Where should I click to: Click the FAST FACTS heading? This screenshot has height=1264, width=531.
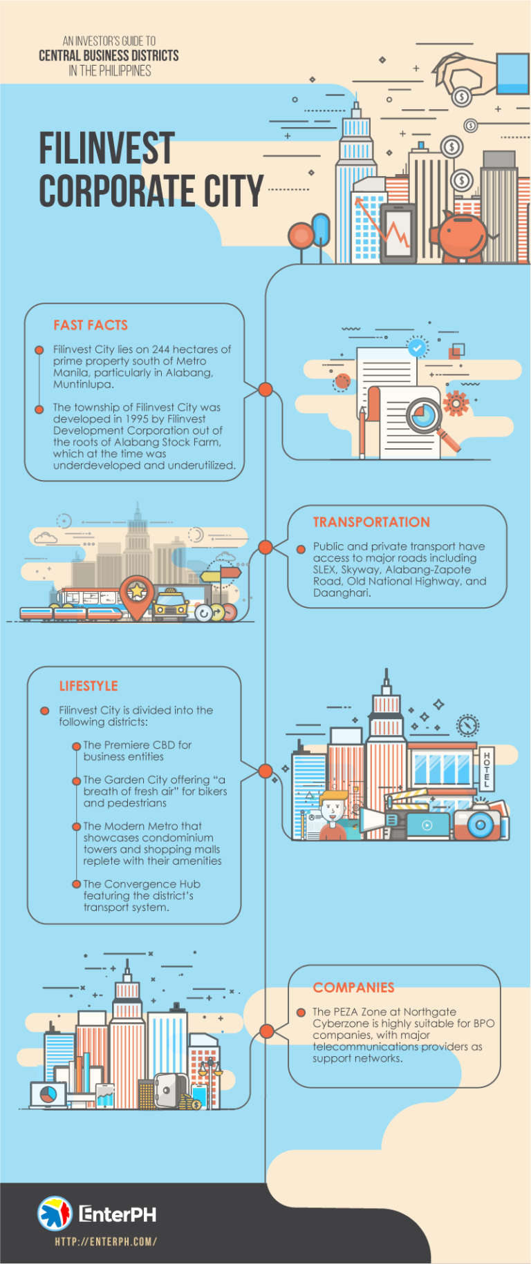click(x=91, y=325)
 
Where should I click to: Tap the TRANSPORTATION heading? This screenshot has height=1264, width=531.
click(x=371, y=522)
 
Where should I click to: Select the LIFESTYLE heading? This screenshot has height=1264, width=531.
click(x=88, y=686)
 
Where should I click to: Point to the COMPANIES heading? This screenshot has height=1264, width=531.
click(x=353, y=988)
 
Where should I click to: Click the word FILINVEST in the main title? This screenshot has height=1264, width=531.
click(x=106, y=149)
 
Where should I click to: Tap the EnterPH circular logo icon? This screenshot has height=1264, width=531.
click(x=55, y=1214)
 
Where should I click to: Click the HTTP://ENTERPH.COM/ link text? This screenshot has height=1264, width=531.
click(x=106, y=1241)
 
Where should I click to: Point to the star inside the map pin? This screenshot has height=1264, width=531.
click(x=137, y=591)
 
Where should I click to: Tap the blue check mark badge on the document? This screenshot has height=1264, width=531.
click(x=417, y=347)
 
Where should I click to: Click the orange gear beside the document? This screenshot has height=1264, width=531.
click(x=456, y=403)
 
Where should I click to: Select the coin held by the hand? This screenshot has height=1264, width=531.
click(x=462, y=97)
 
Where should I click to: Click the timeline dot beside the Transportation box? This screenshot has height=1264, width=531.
click(x=265, y=548)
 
